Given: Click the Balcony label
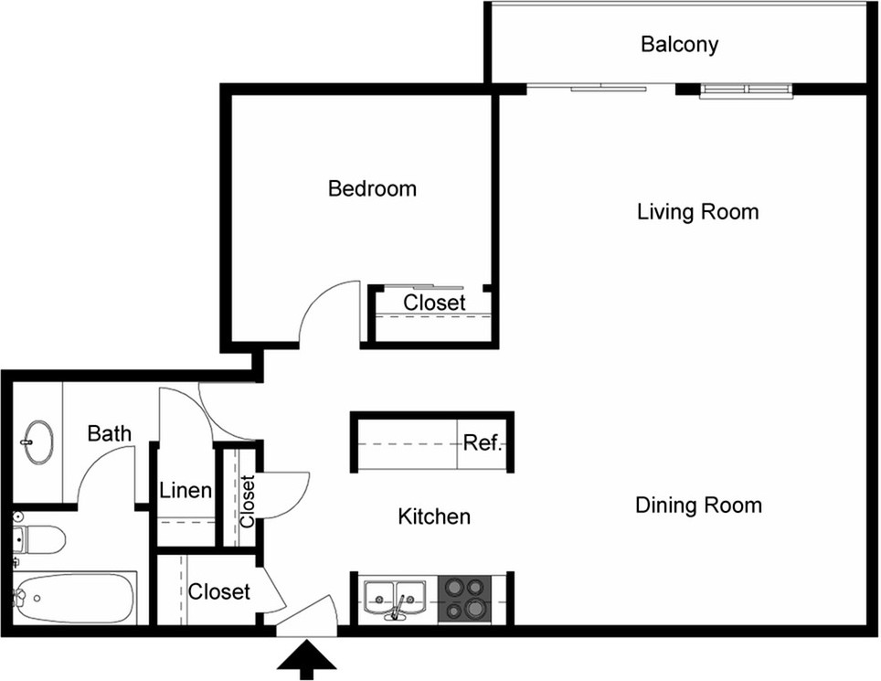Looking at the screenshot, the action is [x=679, y=45].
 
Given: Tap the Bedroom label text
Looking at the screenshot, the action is [x=373, y=189].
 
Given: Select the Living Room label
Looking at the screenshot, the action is [x=698, y=212].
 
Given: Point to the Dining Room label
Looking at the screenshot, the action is [x=698, y=505].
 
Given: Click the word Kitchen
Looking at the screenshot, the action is [x=434, y=516].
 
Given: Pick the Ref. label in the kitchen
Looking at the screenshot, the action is [x=482, y=442].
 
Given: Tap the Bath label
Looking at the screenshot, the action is [x=110, y=434].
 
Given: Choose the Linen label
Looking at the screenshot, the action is [x=186, y=491].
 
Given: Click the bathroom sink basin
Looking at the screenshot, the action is [x=38, y=442].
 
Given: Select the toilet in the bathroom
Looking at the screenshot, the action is [x=38, y=540].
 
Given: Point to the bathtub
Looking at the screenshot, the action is [x=74, y=598].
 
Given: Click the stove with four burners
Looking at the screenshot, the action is [x=464, y=599].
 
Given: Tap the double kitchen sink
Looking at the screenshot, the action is [x=395, y=599].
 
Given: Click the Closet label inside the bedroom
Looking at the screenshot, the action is [x=434, y=303].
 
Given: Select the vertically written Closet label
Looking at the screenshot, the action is [x=248, y=501].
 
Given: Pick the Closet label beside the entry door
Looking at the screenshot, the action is [x=219, y=591].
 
